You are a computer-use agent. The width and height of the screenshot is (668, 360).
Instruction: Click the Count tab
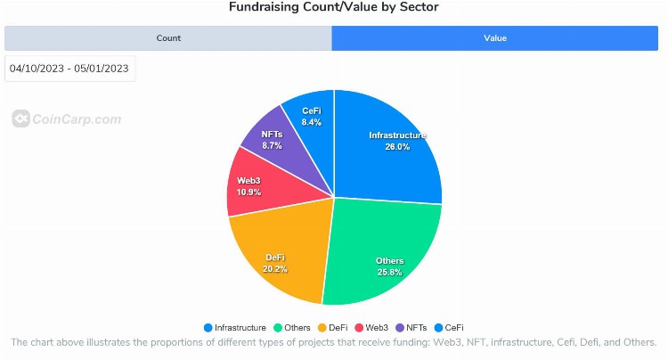point(168,38)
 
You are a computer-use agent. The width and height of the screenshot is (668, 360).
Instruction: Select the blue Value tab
point(495,38)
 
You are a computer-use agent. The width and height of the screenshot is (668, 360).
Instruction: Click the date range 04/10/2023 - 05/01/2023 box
point(69,69)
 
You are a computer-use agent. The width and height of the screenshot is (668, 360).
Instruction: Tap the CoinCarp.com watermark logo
point(67,119)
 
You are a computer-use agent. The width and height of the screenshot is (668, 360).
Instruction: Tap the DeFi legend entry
point(333,327)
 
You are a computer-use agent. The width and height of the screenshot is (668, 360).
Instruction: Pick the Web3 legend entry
point(375,327)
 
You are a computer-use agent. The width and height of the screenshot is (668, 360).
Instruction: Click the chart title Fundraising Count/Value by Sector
point(334,7)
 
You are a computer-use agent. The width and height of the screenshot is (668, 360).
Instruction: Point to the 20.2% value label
point(276,269)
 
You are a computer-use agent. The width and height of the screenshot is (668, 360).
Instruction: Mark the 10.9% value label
point(248,192)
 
